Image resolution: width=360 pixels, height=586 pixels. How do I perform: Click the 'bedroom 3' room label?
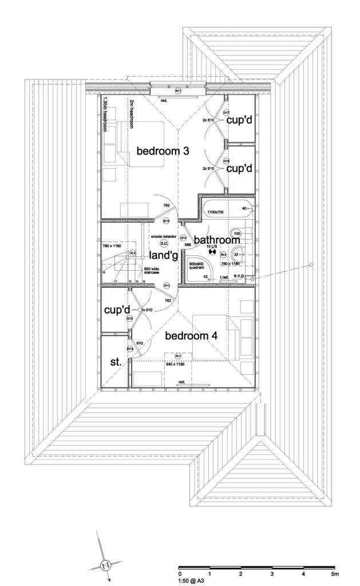[x=163, y=151]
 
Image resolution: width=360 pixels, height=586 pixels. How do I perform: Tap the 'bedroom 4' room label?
[x=191, y=336]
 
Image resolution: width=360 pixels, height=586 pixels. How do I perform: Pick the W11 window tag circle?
[x=178, y=91]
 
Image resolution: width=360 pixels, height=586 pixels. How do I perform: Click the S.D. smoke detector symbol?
[x=164, y=244]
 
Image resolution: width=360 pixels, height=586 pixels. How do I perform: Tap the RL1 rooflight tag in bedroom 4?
[x=178, y=356]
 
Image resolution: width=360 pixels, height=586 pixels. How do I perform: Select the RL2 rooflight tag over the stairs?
[x=132, y=252]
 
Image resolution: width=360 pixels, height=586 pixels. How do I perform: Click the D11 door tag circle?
[x=167, y=285]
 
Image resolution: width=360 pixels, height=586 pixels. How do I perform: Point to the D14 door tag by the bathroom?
[x=183, y=238]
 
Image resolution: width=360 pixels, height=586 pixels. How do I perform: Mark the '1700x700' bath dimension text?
[x=215, y=212]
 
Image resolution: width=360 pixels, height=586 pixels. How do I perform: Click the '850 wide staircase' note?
[x=151, y=271]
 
